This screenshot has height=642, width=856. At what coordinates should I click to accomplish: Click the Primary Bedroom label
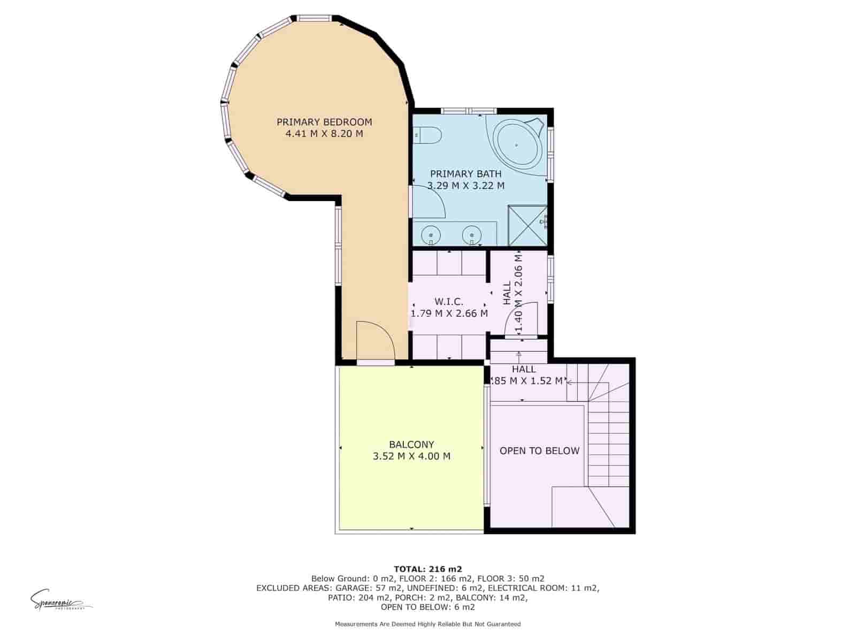click(324, 122)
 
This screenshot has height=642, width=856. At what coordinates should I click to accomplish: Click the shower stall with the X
click(527, 225)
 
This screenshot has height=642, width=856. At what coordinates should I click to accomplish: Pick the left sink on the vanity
click(431, 234)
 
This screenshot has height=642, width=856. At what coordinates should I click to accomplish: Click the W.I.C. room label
click(449, 302)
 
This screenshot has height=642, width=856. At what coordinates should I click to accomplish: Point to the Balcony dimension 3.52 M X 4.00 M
click(411, 456)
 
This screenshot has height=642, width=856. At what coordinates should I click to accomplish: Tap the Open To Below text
click(539, 450)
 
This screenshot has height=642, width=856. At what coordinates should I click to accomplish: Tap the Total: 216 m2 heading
click(427, 569)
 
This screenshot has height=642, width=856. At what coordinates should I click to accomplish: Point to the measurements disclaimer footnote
click(427, 624)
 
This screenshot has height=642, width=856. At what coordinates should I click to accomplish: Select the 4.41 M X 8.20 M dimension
click(324, 134)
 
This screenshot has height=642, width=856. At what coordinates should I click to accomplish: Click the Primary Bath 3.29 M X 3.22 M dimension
click(466, 186)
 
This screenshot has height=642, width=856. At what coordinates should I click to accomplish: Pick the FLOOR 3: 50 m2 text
click(510, 578)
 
